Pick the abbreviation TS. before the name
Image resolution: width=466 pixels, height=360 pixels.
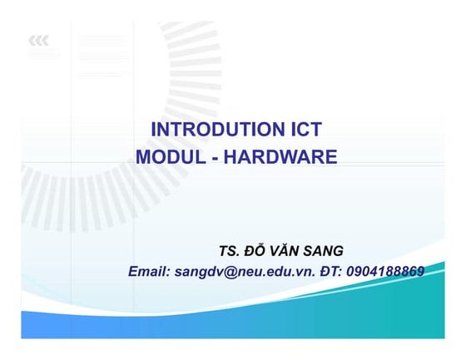click(x=230, y=250)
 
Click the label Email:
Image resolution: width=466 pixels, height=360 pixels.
click(x=150, y=271)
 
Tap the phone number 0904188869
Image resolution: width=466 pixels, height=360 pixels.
click(x=385, y=271)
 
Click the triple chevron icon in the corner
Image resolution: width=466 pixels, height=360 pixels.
click(x=37, y=40)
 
